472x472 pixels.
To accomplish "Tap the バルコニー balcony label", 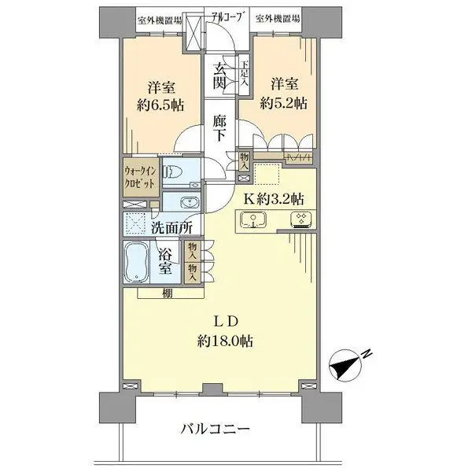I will click(x=216, y=430).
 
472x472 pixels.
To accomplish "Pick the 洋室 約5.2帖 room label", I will click(x=289, y=92).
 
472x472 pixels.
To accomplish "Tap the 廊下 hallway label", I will click(x=222, y=127).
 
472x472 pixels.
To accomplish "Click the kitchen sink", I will click(x=251, y=221).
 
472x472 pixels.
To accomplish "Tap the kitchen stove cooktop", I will click(x=299, y=220).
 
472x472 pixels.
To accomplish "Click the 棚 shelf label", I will click(x=168, y=293).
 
